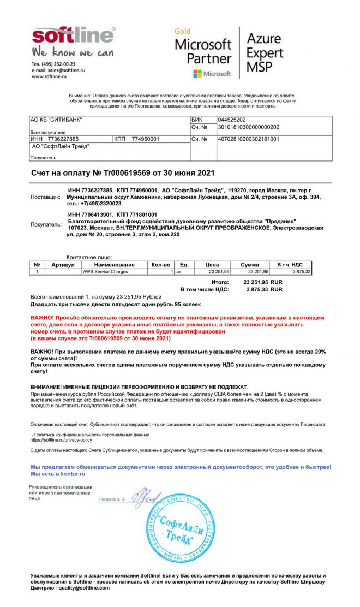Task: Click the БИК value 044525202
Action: click(x=232, y=120)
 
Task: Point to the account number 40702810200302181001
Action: click(x=248, y=139)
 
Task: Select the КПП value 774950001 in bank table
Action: click(x=145, y=139)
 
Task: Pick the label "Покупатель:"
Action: click(x=46, y=224)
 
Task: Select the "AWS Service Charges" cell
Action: click(x=104, y=271)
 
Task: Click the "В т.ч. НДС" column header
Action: click(x=293, y=265)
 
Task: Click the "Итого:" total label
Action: click(x=219, y=282)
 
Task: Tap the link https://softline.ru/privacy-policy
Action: click(x=61, y=439)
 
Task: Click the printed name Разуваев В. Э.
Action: click(x=112, y=499)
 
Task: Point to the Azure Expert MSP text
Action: click(x=265, y=53)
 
